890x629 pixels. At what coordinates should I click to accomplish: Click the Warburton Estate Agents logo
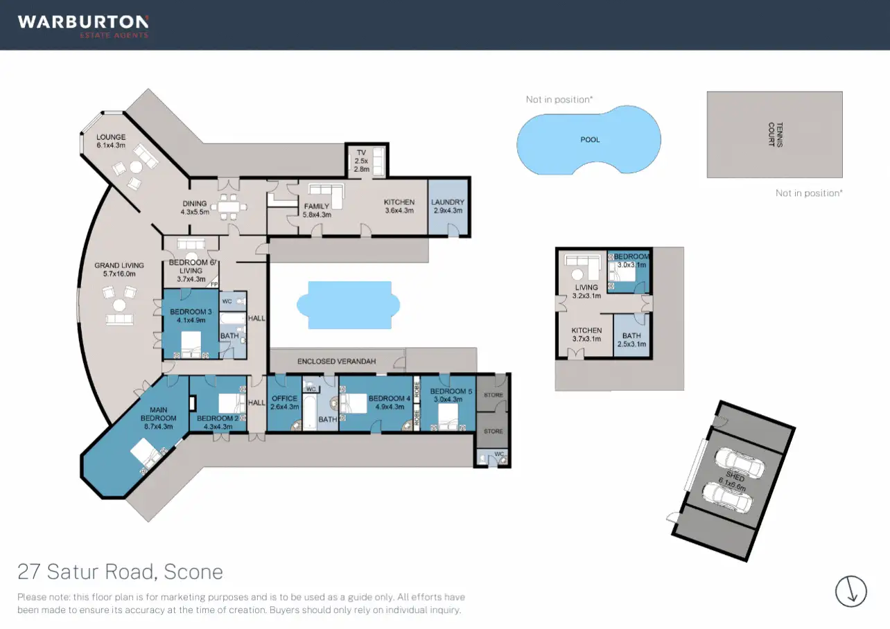coord(83,26)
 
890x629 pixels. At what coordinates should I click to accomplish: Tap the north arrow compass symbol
coord(851,591)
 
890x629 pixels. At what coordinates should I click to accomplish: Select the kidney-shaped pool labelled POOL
coord(588,140)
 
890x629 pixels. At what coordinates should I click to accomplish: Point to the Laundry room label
coord(447,206)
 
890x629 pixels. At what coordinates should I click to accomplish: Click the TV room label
coord(360,160)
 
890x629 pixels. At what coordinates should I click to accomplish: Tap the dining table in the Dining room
coord(228,206)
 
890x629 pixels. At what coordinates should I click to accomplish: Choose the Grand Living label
coord(119,269)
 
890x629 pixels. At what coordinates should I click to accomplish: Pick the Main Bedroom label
coord(158,414)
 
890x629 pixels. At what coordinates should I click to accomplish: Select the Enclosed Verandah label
coord(336,362)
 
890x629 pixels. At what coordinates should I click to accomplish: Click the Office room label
coord(284,402)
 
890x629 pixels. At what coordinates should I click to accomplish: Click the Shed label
coord(735,482)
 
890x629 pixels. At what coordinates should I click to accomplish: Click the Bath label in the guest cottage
coord(631,339)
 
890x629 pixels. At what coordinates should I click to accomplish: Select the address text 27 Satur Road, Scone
coord(120,572)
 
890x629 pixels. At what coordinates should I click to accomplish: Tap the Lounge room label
coord(111,141)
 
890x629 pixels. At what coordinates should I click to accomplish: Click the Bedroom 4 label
coord(390,402)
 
